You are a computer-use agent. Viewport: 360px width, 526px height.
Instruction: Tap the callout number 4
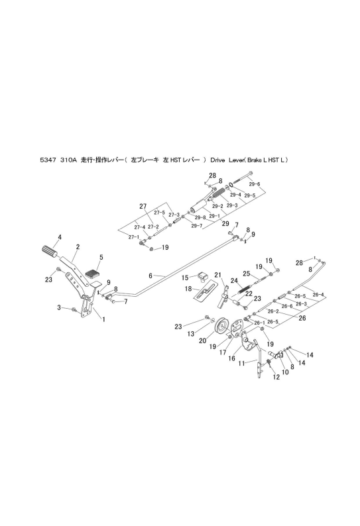pos(59,237)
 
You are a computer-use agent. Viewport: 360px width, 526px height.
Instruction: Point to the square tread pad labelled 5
pos(91,271)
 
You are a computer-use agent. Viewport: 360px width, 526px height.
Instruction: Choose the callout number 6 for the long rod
pos(150,275)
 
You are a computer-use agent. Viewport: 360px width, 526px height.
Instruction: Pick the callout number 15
pos(186,276)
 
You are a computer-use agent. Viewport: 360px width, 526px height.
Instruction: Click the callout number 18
pos(188,289)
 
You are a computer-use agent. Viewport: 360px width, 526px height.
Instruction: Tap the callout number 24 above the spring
pos(234,281)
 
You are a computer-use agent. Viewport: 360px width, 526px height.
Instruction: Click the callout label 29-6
pos(255,184)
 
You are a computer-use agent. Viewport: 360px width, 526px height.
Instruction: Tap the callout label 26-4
pos(318,294)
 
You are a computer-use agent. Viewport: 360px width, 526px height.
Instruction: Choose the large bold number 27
pos(142,207)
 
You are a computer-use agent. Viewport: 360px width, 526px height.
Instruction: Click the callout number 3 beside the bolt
pos(58,307)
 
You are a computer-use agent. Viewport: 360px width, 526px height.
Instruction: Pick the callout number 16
pos(232,358)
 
